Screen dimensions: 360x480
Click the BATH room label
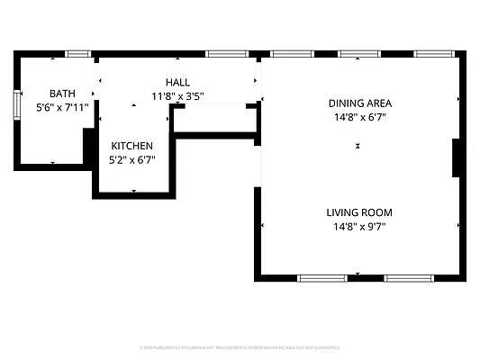(62, 94)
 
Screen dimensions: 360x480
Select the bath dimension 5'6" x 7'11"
(62, 108)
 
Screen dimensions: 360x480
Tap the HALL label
(177, 82)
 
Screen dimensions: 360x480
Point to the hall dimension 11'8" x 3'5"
(177, 95)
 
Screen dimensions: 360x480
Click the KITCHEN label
(131, 146)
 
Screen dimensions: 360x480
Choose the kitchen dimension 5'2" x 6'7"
(131, 160)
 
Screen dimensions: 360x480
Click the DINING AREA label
(359, 103)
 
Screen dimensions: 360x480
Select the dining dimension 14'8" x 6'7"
(359, 116)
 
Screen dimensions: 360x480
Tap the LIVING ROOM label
(359, 212)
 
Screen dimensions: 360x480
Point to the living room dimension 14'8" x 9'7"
(359, 227)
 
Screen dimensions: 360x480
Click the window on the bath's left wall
(16, 103)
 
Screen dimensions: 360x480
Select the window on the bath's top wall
(78, 54)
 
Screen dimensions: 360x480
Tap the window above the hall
(227, 54)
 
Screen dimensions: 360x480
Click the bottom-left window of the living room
(322, 278)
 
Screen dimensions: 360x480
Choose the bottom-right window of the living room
(410, 278)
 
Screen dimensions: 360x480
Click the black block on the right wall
(457, 158)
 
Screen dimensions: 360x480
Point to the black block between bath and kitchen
(89, 147)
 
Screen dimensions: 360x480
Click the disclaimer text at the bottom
(240, 346)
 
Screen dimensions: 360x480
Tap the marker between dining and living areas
(358, 145)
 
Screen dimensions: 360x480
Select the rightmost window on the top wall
(434, 54)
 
